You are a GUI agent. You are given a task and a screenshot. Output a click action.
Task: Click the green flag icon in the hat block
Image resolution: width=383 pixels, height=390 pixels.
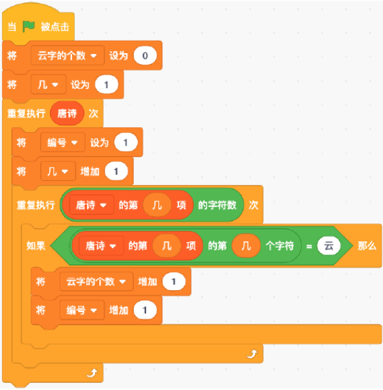(29, 27)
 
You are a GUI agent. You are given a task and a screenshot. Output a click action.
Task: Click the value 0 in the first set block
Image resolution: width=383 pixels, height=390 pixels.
(145, 55)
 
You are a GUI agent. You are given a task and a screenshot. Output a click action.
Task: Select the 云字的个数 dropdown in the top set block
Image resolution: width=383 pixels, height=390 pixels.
(68, 55)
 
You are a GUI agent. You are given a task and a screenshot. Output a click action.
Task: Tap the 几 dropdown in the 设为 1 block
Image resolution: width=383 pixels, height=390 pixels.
(48, 84)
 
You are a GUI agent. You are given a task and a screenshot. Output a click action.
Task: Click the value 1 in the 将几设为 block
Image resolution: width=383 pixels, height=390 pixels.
(106, 84)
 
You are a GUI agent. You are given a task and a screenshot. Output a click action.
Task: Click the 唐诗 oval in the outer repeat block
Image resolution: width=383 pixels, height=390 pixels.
(67, 114)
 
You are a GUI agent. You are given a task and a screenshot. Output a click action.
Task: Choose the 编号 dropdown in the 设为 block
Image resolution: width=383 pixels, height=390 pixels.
(63, 143)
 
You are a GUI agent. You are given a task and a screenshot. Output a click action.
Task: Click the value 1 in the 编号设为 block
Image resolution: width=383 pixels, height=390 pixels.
(126, 143)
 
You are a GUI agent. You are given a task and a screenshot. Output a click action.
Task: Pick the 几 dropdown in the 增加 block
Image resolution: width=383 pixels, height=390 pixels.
(58, 171)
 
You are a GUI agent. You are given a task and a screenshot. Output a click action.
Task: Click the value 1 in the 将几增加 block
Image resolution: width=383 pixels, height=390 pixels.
(116, 171)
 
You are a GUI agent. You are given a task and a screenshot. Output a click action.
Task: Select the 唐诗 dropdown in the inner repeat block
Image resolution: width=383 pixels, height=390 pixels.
(92, 205)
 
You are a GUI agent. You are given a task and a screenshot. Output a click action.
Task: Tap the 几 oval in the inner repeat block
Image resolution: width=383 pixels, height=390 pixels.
(157, 205)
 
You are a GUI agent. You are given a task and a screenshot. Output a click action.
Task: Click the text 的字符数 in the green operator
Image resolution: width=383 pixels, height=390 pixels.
(217, 205)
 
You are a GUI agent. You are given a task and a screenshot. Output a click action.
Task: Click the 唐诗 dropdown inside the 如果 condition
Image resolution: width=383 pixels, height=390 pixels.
(101, 246)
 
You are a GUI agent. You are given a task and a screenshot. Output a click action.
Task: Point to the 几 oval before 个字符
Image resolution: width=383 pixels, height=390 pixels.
(246, 246)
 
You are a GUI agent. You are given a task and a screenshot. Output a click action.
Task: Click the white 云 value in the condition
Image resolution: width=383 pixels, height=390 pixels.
(328, 246)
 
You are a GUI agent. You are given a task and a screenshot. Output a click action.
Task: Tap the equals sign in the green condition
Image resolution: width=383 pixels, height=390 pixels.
(309, 247)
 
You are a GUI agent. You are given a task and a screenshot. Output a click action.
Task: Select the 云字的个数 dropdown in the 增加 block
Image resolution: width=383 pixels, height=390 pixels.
(96, 282)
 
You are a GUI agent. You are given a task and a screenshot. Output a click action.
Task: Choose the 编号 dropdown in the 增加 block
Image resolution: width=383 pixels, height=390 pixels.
(82, 310)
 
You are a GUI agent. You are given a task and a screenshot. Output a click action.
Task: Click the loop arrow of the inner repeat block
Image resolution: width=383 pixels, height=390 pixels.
(252, 354)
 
